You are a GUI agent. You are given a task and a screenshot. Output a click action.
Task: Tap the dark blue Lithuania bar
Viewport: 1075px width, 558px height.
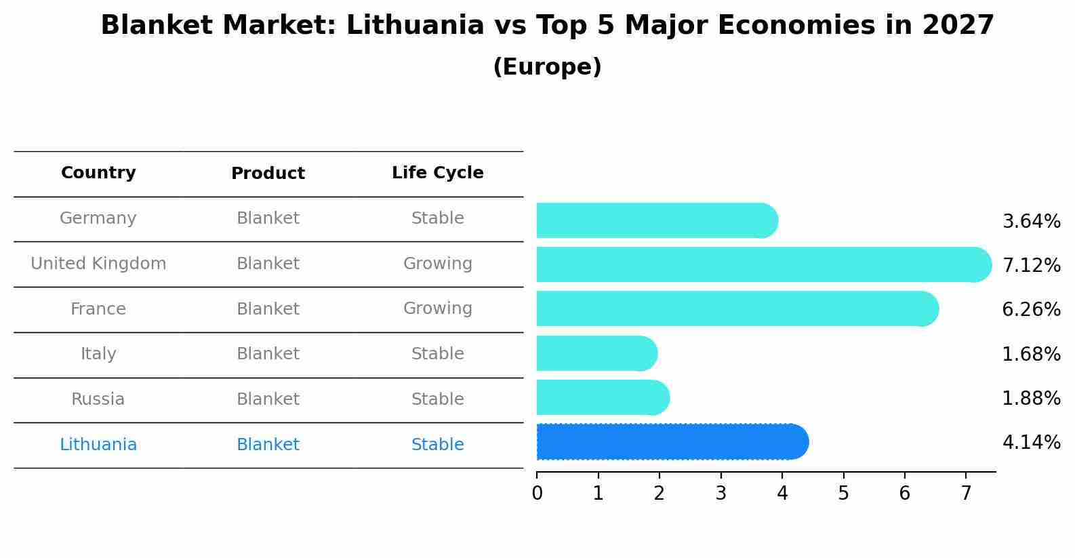click(x=672, y=442)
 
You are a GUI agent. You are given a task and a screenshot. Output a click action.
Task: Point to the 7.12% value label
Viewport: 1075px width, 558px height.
click(x=1031, y=265)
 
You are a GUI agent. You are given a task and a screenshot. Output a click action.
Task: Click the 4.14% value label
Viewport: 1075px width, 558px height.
click(x=1031, y=443)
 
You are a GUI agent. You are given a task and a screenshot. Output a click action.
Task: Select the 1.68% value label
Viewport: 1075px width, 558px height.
click(x=1031, y=354)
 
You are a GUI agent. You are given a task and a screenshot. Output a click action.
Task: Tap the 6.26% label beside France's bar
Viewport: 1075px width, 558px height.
click(x=1031, y=310)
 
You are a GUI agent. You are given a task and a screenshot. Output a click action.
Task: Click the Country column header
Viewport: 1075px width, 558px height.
click(x=98, y=173)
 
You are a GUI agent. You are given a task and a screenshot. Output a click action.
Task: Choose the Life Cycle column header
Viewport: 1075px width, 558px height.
click(x=437, y=173)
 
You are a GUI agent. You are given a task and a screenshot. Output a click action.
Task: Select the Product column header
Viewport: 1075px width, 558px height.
click(x=268, y=174)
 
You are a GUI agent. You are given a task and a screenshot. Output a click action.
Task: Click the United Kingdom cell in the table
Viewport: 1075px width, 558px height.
click(x=98, y=264)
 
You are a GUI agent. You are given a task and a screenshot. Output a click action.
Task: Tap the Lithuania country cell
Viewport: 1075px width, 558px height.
click(x=98, y=445)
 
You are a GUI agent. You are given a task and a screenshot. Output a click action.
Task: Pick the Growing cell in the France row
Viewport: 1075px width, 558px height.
click(x=437, y=308)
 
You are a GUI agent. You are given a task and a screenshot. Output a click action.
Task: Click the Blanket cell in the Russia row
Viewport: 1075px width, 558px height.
click(x=268, y=399)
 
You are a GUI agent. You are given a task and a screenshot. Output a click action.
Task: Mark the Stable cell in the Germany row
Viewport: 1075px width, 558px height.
click(x=437, y=218)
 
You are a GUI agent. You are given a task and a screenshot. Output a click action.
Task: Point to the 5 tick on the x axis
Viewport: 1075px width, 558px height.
click(x=843, y=494)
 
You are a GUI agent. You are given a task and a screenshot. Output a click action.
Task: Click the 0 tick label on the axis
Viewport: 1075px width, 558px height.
click(x=537, y=494)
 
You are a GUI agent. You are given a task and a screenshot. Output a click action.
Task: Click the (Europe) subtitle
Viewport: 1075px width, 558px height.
click(x=547, y=67)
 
